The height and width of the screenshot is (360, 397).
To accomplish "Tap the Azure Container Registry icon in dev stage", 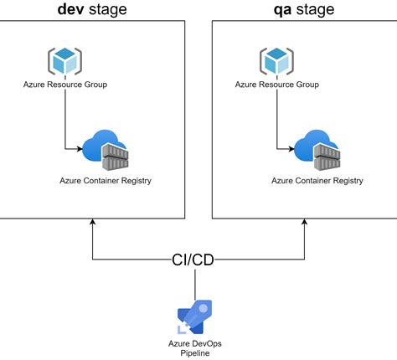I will (106, 150).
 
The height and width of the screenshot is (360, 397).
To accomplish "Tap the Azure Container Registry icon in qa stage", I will (318, 150).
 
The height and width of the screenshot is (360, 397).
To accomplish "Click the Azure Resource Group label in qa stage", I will (276, 85).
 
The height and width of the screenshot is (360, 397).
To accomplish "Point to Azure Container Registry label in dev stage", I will (106, 180).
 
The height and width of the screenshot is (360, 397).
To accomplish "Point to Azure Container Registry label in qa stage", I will (317, 180).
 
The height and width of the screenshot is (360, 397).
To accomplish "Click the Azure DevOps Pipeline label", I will (195, 349).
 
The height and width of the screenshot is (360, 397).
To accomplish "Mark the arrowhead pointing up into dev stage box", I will (92, 223).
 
